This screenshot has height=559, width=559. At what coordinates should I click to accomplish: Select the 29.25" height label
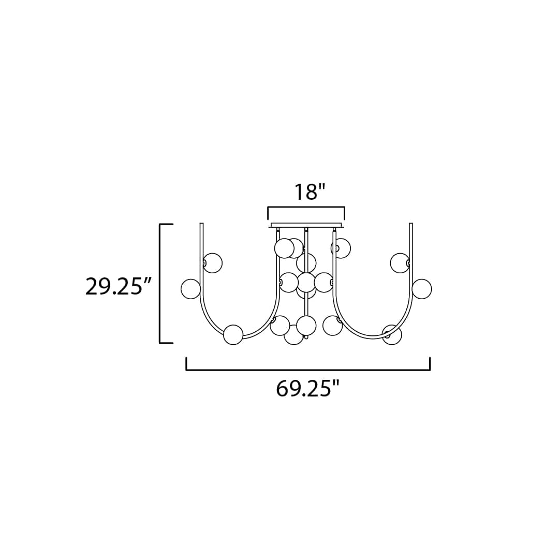(119, 286)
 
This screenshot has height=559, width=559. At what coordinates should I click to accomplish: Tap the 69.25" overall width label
(307, 389)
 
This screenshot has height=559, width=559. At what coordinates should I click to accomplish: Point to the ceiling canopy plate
(307, 225)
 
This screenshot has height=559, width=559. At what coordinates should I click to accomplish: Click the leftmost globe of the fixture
(190, 289)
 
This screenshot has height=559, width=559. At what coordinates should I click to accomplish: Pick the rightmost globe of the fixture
(422, 289)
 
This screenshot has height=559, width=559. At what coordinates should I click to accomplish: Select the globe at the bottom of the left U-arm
(233, 335)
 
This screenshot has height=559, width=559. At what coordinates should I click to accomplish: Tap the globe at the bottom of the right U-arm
(392, 335)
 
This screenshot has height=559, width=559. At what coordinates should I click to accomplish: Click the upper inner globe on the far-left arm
(213, 263)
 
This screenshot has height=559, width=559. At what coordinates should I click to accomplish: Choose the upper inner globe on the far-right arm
(400, 263)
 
